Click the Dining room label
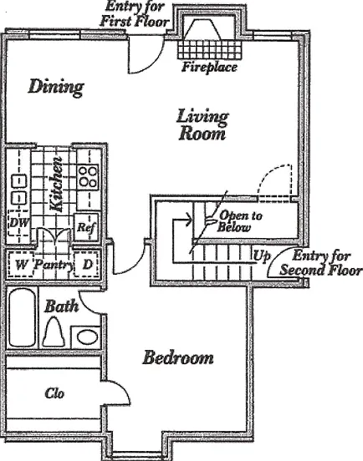point(56,88)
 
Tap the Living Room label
point(202,124)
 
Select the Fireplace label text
point(209,67)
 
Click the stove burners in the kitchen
point(88,176)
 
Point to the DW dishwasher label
point(19,222)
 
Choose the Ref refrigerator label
point(86,227)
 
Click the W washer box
point(21,264)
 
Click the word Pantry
point(54,266)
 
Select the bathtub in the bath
point(22,317)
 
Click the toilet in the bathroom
point(54,332)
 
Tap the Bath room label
point(62,306)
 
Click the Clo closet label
point(54,393)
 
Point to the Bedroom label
point(178,357)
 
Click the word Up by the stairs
point(262,256)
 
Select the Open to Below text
point(239,221)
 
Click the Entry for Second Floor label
point(321,263)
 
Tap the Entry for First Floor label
point(135,14)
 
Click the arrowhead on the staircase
point(188,220)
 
